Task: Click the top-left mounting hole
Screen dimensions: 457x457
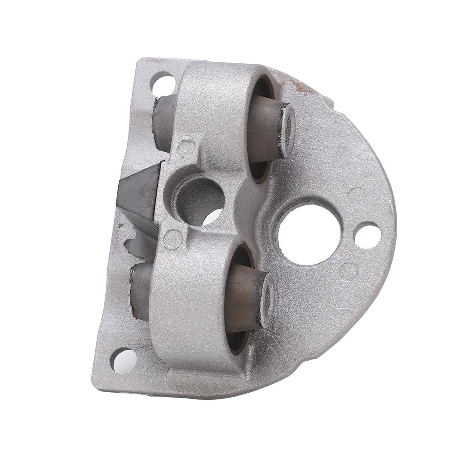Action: (163, 83)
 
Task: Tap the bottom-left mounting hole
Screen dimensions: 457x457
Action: (124, 360)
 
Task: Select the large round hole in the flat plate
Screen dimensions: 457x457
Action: (309, 234)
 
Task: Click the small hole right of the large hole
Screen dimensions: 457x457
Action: (367, 235)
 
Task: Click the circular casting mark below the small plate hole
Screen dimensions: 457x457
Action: (349, 271)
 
